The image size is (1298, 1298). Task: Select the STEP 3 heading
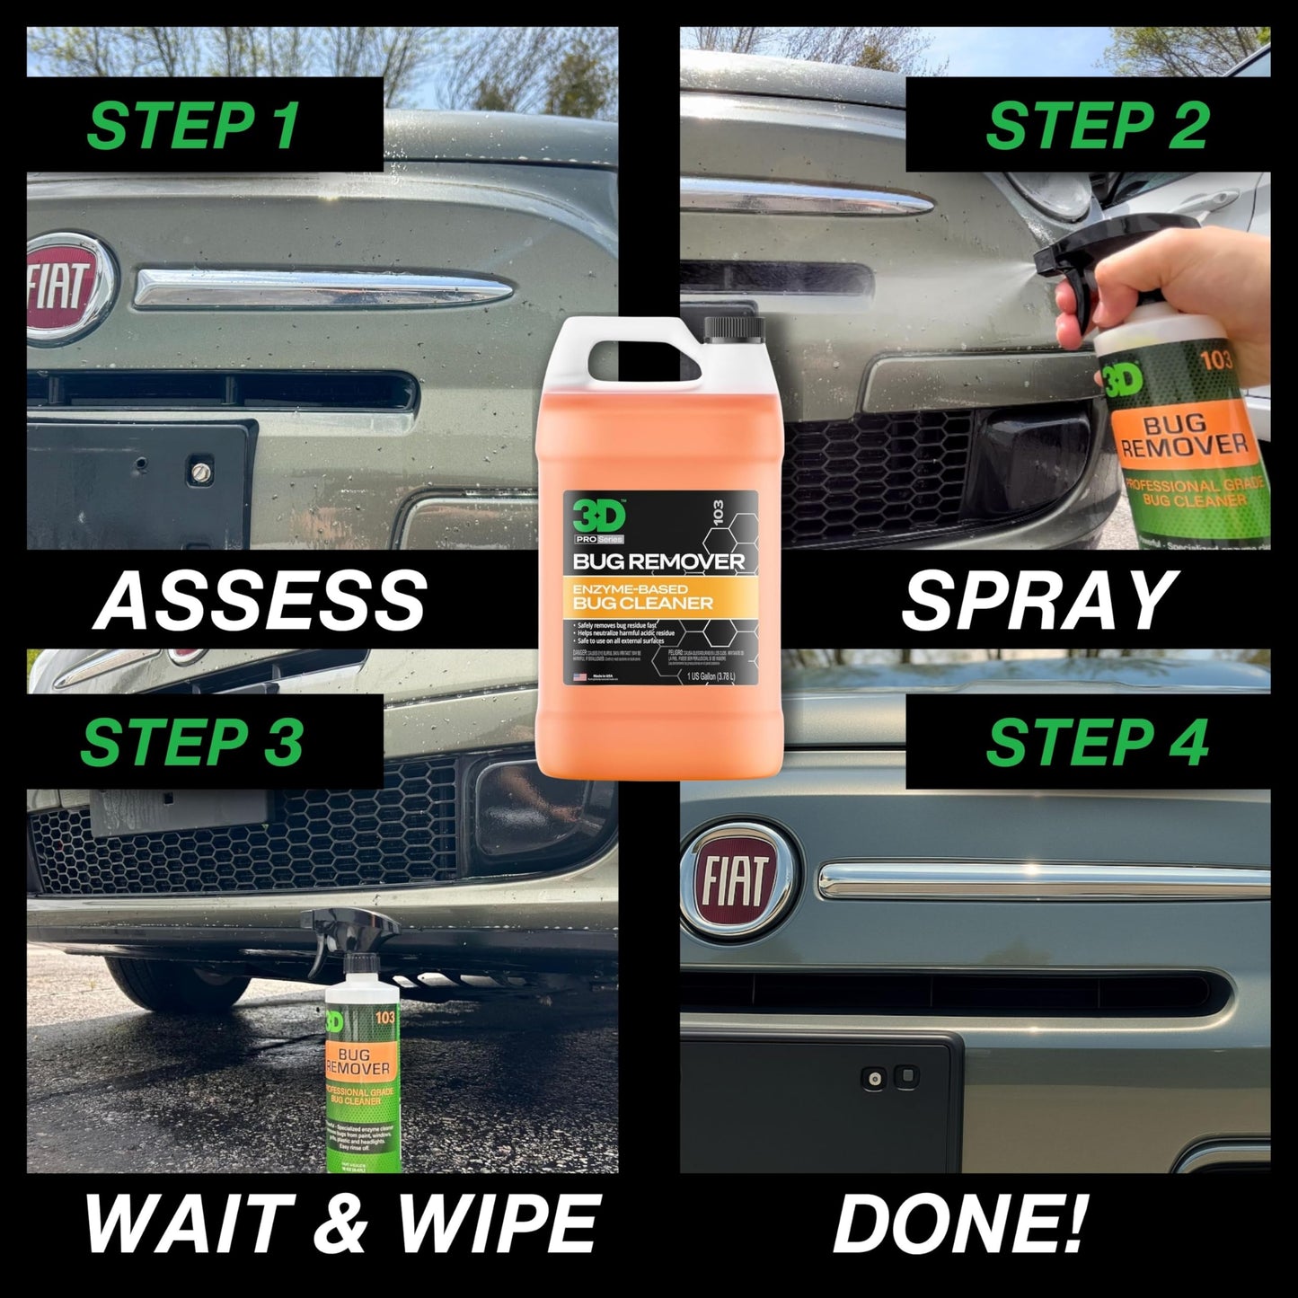coord(192,742)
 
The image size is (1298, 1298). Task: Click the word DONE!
coord(960,1223)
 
